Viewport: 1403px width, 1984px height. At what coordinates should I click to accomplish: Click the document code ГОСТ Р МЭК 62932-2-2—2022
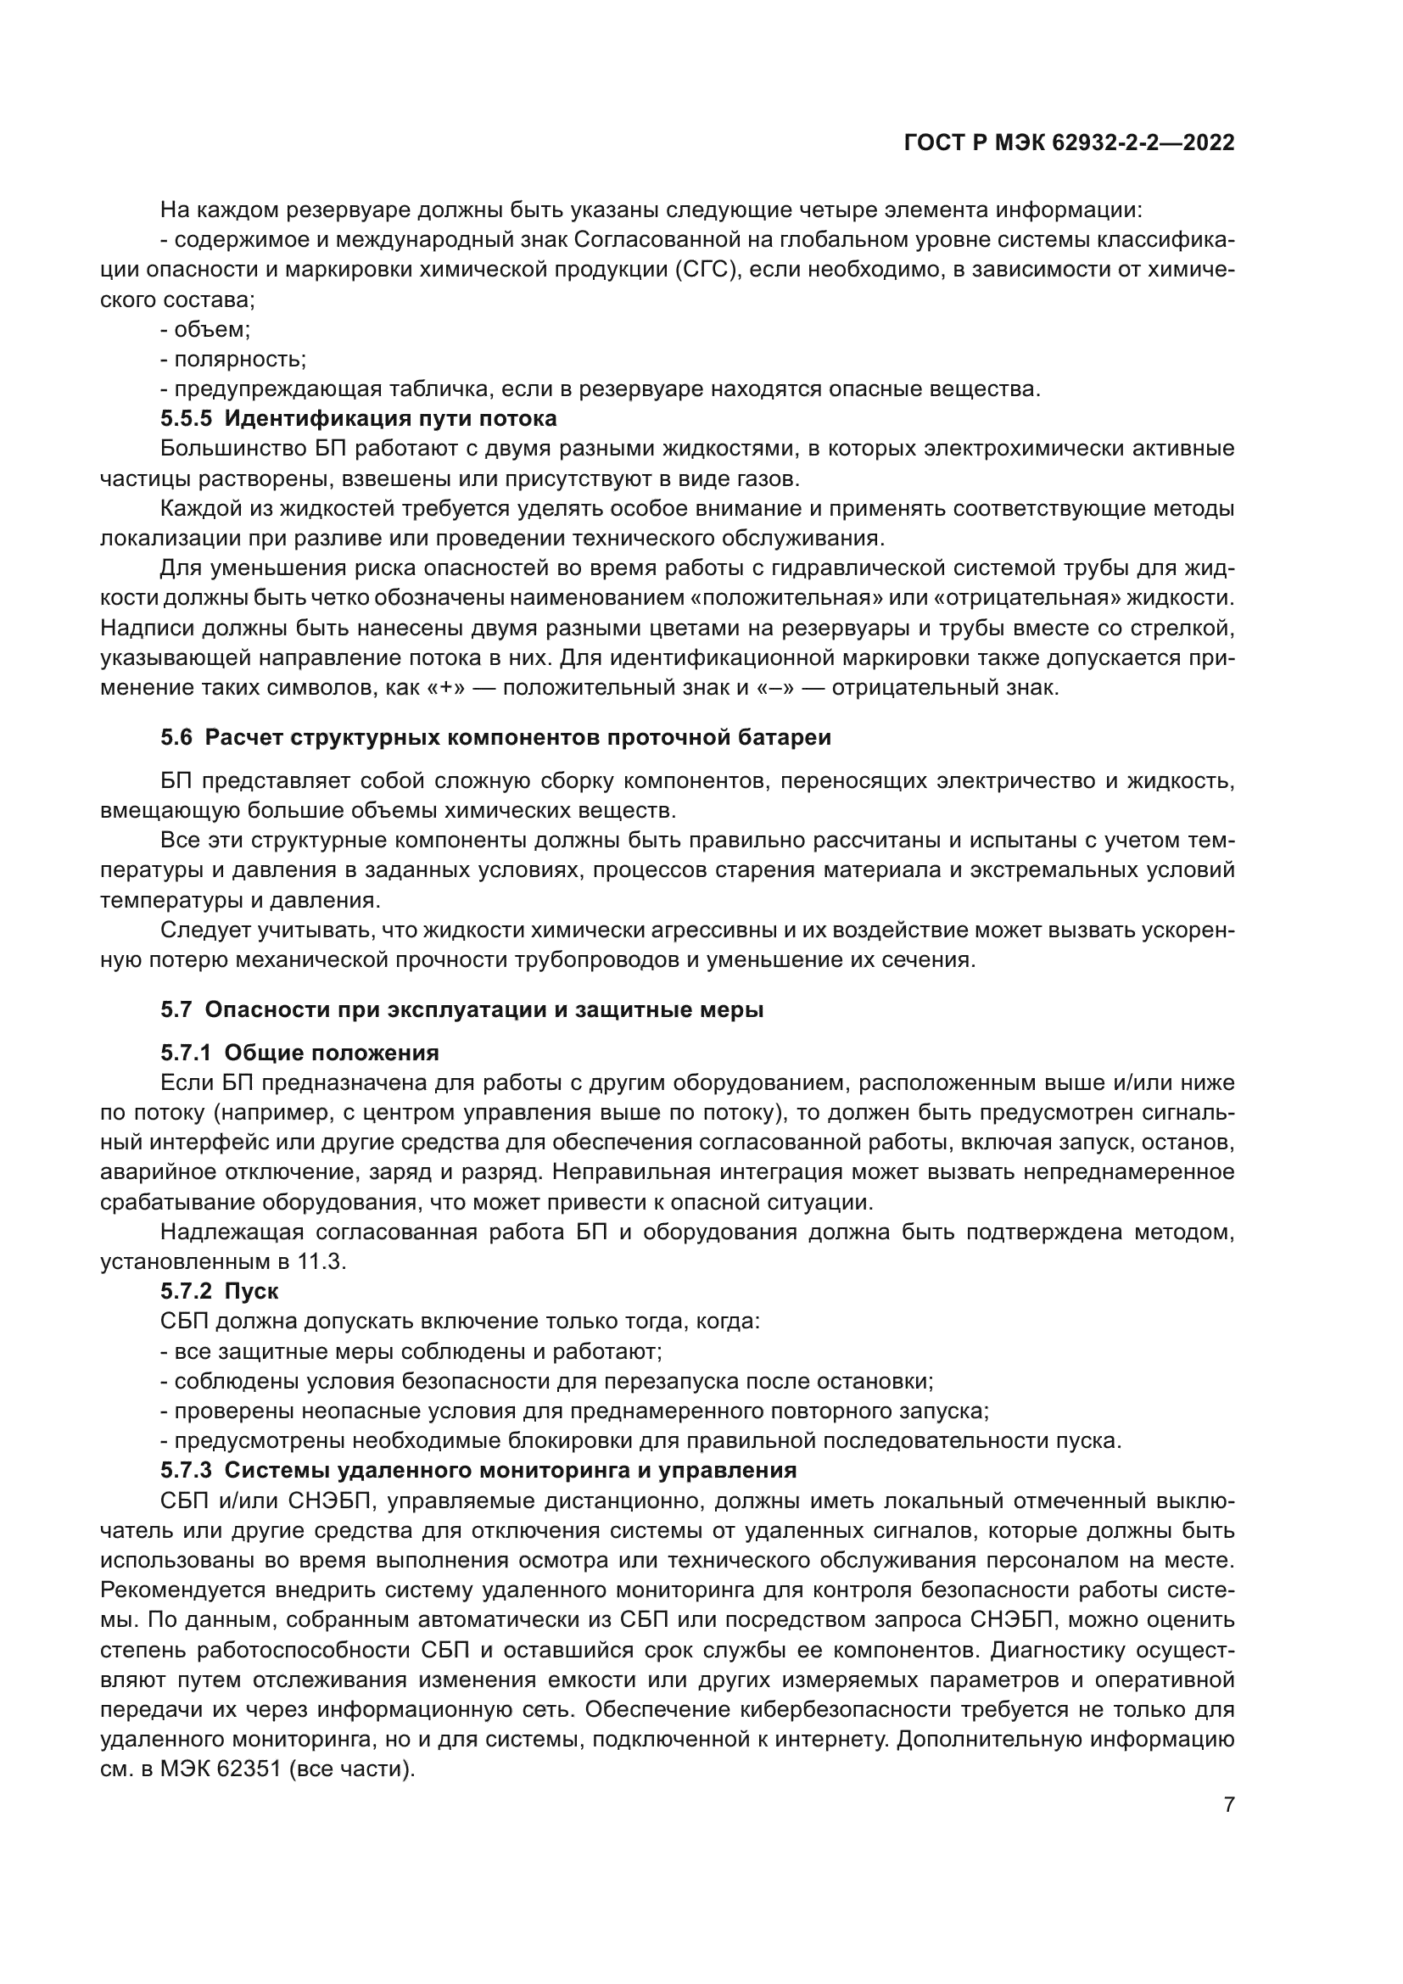(x=1069, y=143)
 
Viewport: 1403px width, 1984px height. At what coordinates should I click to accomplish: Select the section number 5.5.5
(x=186, y=419)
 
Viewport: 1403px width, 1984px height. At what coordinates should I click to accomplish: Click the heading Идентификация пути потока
(x=390, y=419)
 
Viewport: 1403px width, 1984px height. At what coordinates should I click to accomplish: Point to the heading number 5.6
(x=177, y=737)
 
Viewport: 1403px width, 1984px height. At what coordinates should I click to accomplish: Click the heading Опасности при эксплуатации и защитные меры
(x=484, y=1009)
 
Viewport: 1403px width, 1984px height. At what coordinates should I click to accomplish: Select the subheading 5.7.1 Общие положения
(x=299, y=1053)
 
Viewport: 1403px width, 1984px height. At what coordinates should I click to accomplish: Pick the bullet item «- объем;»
(x=205, y=329)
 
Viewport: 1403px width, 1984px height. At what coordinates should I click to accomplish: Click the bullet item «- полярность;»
(x=233, y=360)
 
